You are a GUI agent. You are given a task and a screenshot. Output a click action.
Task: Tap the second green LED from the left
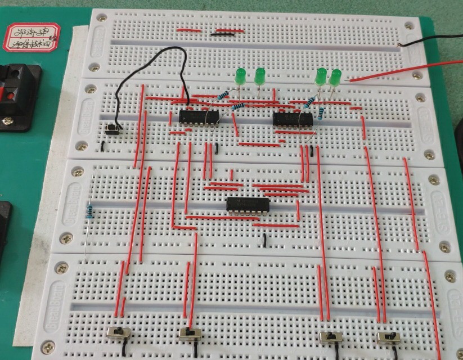(260, 76)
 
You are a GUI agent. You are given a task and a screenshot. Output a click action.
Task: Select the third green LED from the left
(321, 76)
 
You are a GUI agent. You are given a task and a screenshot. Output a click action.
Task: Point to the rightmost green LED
(336, 77)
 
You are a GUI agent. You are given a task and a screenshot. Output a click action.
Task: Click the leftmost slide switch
(119, 332)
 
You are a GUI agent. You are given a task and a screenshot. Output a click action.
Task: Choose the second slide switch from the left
(190, 333)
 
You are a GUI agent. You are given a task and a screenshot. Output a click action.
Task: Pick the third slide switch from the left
(330, 337)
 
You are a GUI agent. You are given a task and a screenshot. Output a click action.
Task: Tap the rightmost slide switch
(388, 337)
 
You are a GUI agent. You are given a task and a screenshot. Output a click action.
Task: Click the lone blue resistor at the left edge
(90, 213)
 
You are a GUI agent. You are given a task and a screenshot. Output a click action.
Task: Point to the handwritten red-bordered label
(32, 38)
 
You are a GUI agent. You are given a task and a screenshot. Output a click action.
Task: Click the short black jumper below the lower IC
(264, 241)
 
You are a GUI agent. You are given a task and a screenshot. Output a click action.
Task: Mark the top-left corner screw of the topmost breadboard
(101, 18)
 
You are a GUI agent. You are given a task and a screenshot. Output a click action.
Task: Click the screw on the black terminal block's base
(8, 120)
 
